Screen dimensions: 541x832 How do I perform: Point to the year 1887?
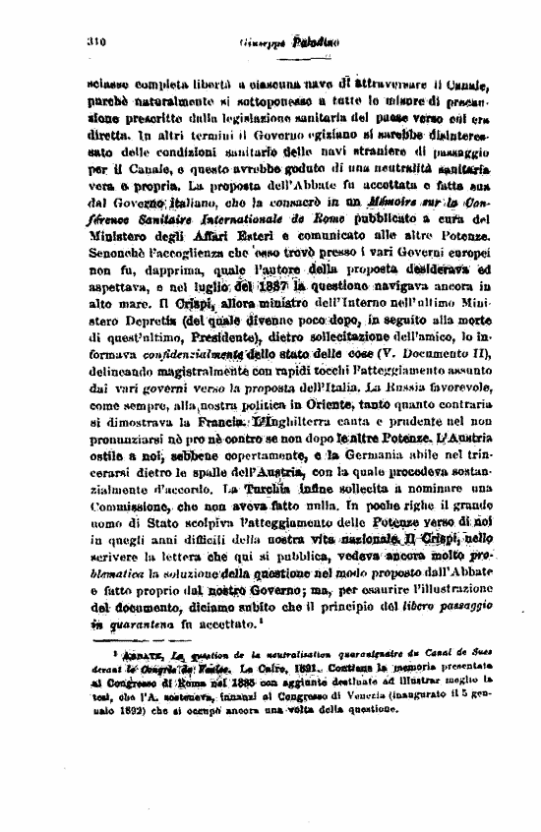click(271, 289)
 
